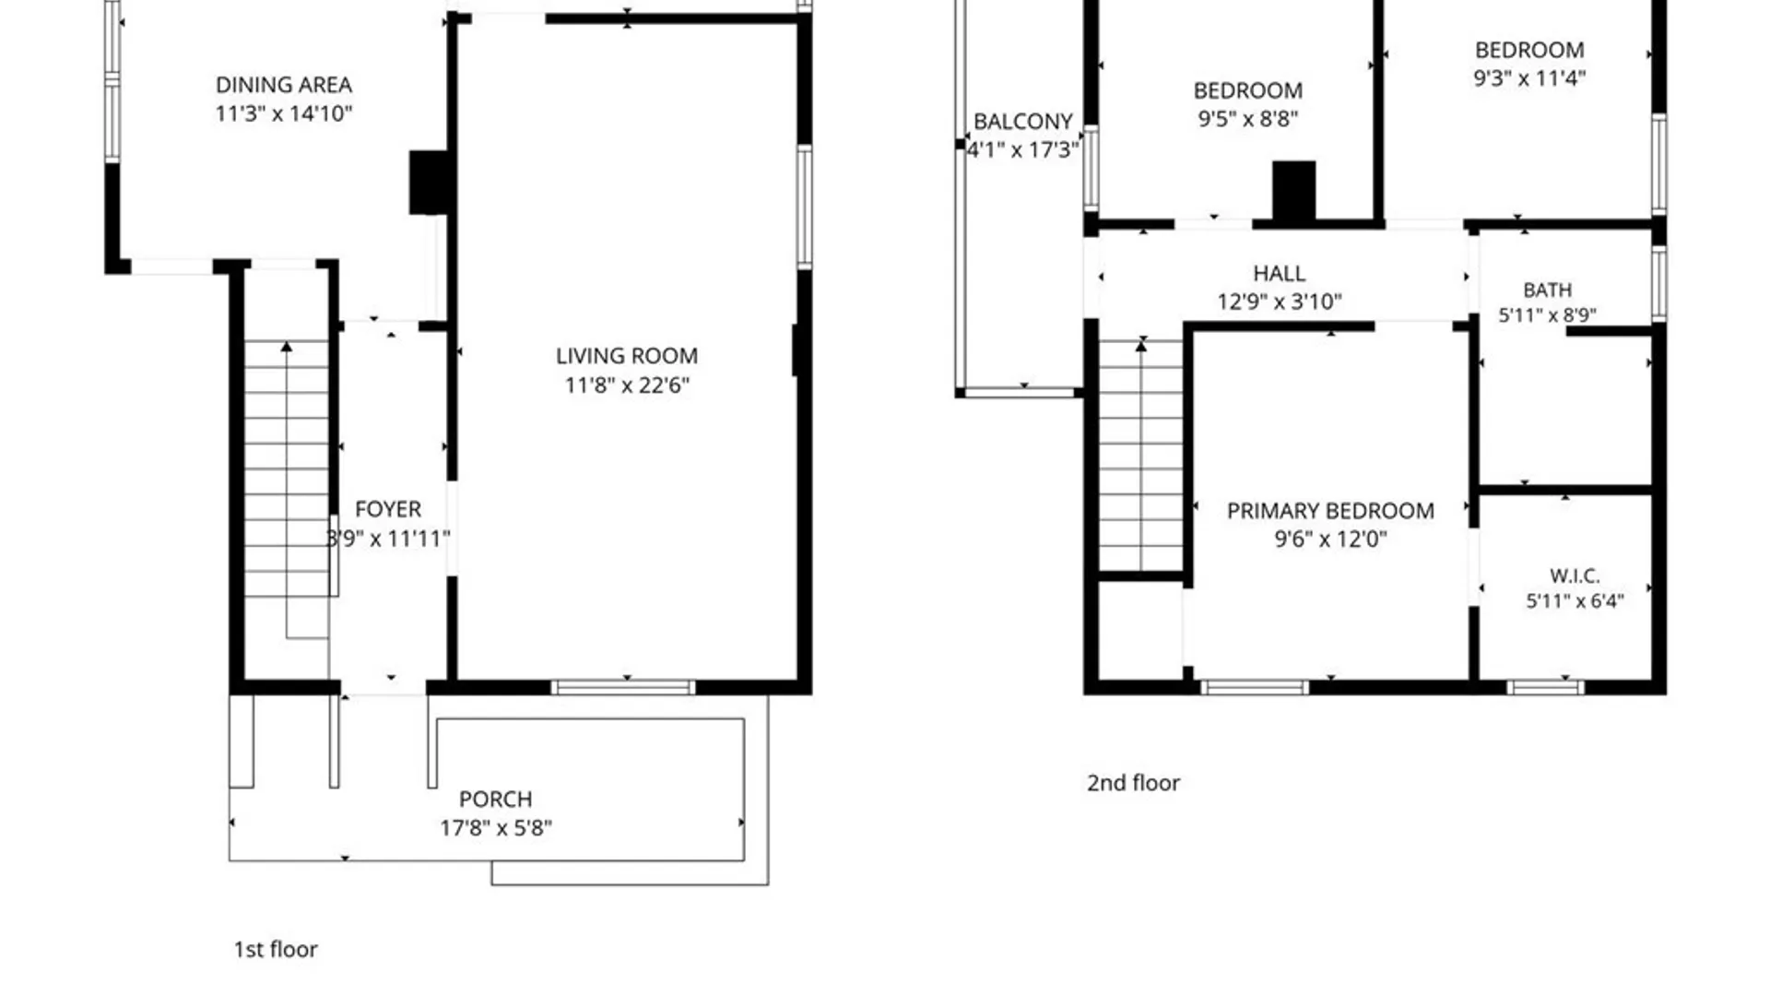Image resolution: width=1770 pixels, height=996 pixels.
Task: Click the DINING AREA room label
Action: click(284, 85)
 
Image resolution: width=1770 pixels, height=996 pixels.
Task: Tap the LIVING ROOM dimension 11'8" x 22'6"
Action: click(627, 385)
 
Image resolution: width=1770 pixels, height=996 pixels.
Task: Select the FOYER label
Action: click(388, 509)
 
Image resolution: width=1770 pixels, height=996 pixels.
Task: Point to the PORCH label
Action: click(496, 799)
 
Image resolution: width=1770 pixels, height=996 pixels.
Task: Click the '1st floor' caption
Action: click(276, 949)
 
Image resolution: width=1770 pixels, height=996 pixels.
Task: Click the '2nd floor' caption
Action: click(1133, 783)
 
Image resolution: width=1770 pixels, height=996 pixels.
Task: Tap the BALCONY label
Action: click(1023, 122)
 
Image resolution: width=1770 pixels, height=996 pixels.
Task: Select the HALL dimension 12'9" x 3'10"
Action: click(1280, 302)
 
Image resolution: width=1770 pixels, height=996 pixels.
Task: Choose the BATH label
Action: click(1548, 290)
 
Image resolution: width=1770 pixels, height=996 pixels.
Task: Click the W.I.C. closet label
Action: click(1575, 576)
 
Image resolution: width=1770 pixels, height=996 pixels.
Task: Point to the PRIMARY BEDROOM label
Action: click(1330, 511)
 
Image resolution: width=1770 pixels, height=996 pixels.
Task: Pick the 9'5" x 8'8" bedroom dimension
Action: click(1248, 118)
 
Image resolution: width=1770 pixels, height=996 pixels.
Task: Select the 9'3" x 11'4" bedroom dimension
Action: click(1529, 78)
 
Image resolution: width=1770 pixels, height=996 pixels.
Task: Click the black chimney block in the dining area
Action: click(430, 183)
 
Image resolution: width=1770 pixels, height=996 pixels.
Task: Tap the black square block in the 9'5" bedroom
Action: click(1294, 192)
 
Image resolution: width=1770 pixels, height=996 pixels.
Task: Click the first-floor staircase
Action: click(287, 468)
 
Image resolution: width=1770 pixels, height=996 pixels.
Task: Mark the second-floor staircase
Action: click(1141, 456)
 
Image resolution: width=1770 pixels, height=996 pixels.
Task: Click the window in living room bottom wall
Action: click(623, 687)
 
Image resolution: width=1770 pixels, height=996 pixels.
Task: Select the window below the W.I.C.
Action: click(1546, 687)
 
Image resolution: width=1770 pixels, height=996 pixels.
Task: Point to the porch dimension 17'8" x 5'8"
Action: click(496, 828)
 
